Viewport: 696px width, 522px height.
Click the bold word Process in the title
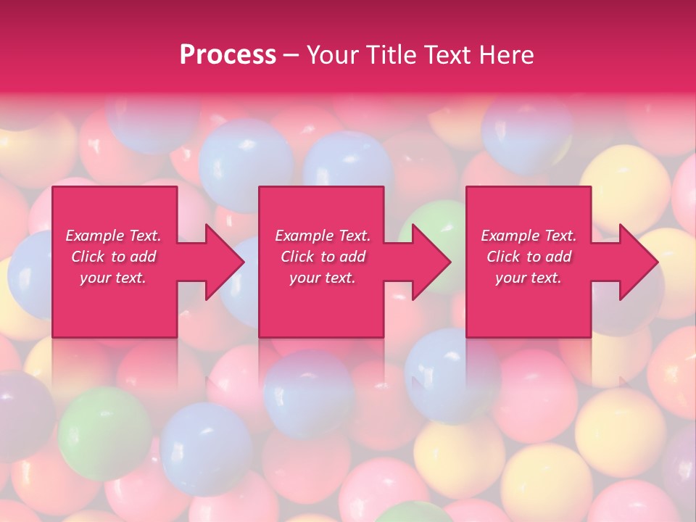point(228,55)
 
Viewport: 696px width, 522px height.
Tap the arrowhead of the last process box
point(637,262)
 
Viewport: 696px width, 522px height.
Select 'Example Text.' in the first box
point(113,236)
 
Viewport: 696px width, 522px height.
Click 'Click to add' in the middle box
point(323,257)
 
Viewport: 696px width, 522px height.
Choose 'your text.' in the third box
point(529,278)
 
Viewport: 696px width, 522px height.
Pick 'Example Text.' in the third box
point(529,236)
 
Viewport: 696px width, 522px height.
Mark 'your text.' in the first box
point(113,278)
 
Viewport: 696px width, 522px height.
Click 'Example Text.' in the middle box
point(323,236)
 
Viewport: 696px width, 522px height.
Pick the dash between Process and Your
point(291,55)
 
